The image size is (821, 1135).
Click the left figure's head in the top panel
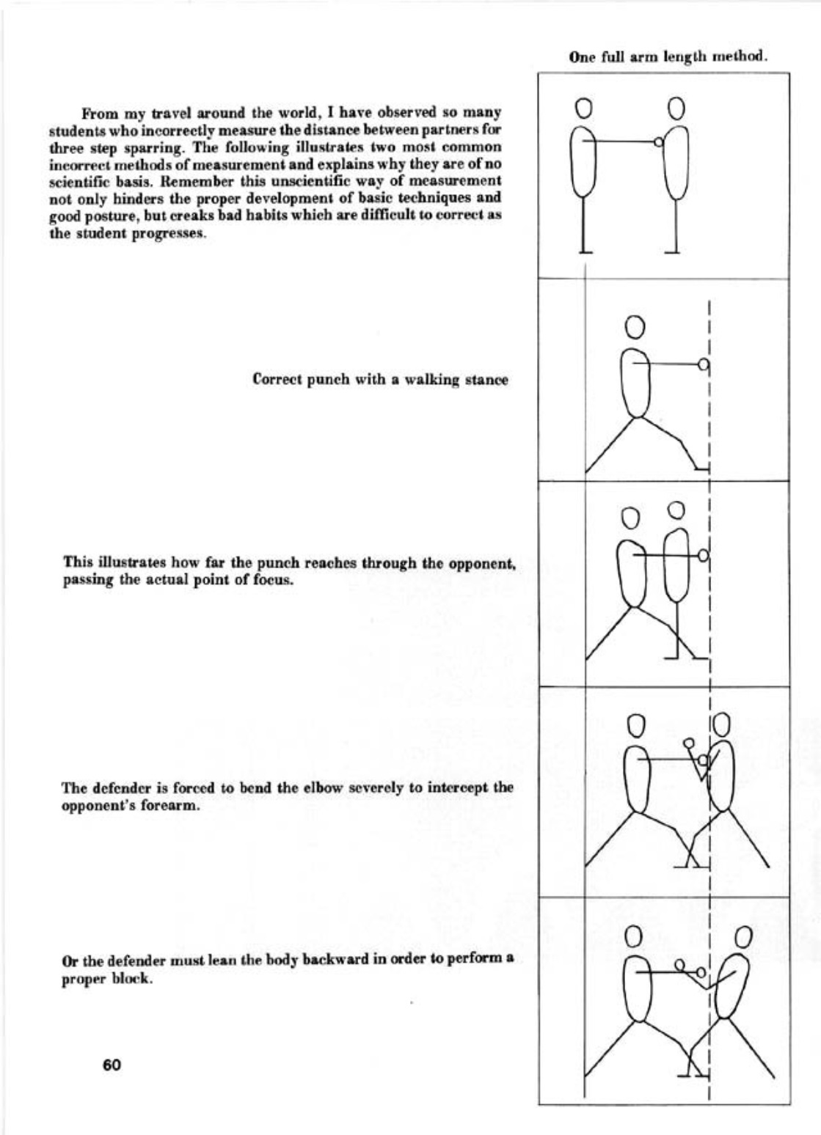(x=583, y=109)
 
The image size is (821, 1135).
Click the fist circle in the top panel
(x=658, y=143)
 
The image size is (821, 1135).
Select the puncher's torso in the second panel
(x=635, y=381)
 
